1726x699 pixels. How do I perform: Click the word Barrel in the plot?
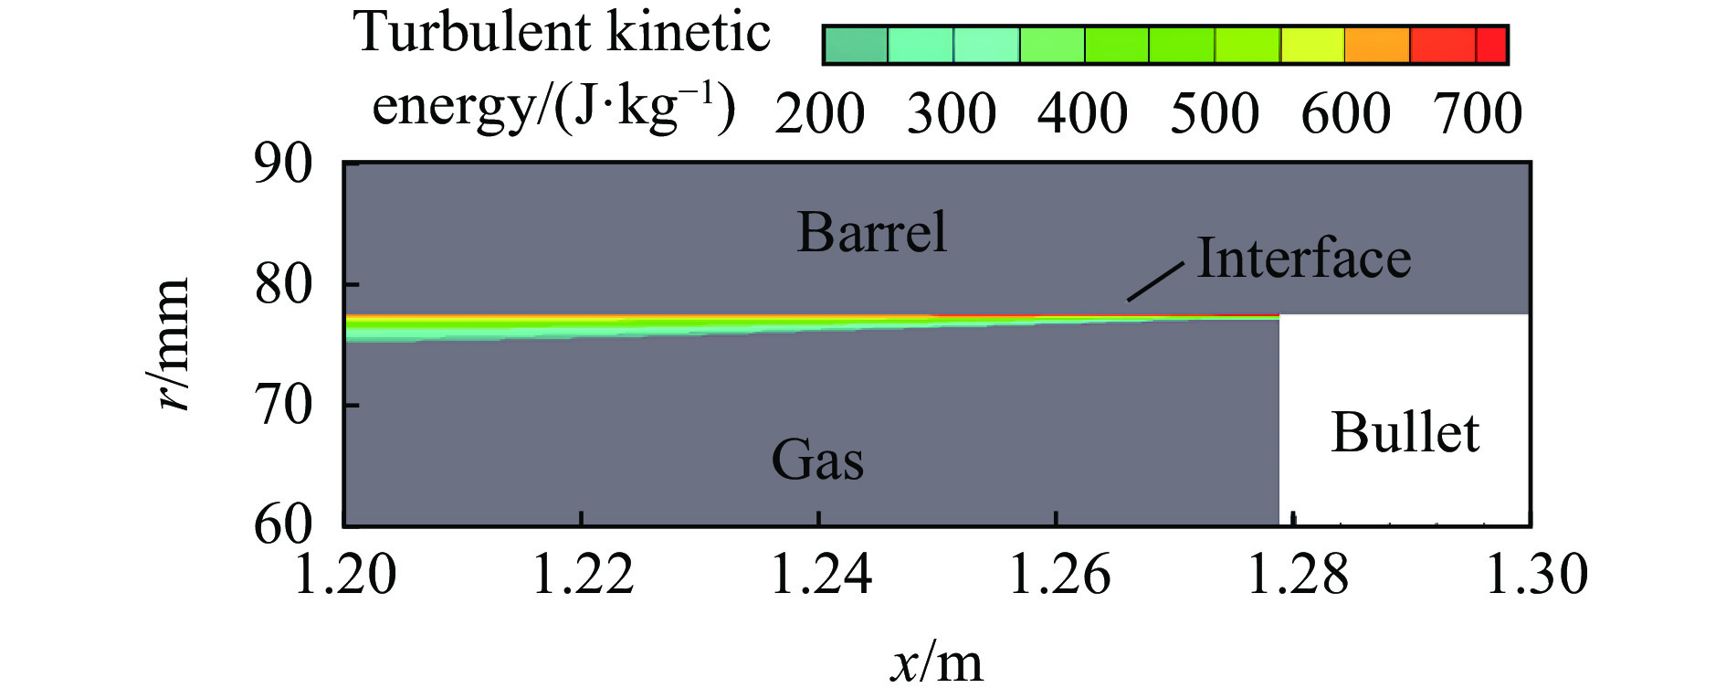871,232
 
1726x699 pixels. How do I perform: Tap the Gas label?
816,459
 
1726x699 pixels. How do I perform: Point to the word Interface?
1303,259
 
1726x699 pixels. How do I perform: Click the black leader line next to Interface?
1155,281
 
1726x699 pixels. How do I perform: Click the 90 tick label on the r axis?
283,164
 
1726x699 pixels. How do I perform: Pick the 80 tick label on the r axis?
283,285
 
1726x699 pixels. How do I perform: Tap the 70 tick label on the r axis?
283,405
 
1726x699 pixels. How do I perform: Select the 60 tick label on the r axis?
283,524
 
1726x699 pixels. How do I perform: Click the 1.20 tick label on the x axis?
345,575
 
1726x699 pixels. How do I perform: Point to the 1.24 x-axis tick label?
821,575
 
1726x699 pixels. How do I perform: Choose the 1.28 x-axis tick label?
1297,575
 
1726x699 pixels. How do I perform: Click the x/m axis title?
937,662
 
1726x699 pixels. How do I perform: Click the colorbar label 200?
819,114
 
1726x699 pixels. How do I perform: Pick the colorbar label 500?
1214,114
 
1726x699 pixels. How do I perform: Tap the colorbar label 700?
1478,114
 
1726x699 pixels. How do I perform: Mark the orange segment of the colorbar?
1377,45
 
